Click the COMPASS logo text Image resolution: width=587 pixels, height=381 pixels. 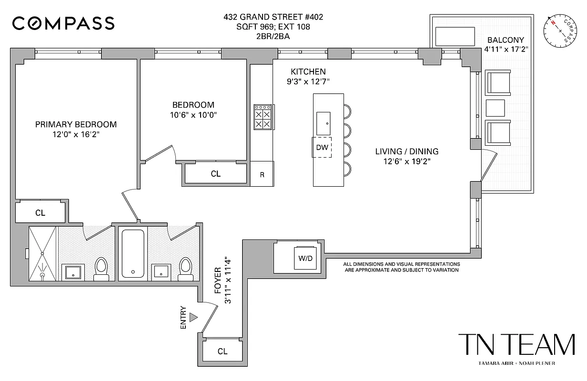(x=63, y=23)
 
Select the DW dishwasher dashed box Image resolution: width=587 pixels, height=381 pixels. (x=322, y=147)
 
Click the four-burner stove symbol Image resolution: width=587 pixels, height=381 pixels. (x=263, y=117)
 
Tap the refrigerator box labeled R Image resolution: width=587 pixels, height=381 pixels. (x=262, y=174)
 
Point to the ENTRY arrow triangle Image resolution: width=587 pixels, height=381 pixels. (x=193, y=317)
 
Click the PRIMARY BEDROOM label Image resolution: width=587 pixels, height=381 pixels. (x=76, y=124)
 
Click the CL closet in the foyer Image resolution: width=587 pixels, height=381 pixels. (x=223, y=351)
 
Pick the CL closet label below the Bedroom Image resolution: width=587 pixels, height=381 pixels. (x=215, y=174)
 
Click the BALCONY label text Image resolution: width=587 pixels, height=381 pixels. (x=506, y=40)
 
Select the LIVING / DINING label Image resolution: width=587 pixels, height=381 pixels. (x=406, y=151)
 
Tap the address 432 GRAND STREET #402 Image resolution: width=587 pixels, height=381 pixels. (x=273, y=17)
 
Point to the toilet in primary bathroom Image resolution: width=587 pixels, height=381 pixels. (x=101, y=268)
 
